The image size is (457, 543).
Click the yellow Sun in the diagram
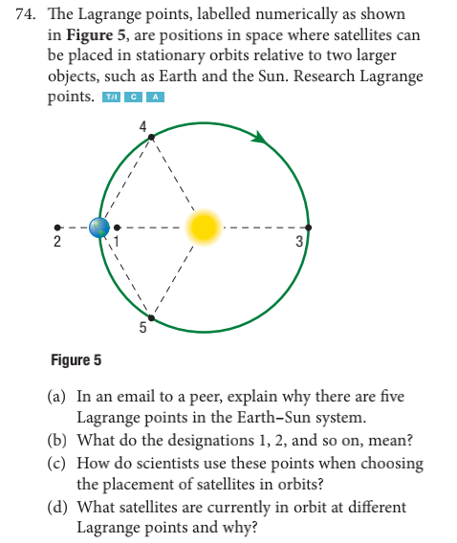click(x=202, y=227)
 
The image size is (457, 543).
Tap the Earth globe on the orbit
click(x=99, y=228)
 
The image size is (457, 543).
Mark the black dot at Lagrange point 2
click(x=59, y=228)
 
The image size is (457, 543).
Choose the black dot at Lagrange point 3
click(x=307, y=228)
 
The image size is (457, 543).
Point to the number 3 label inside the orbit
click(x=298, y=242)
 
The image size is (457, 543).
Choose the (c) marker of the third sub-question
click(x=56, y=463)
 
